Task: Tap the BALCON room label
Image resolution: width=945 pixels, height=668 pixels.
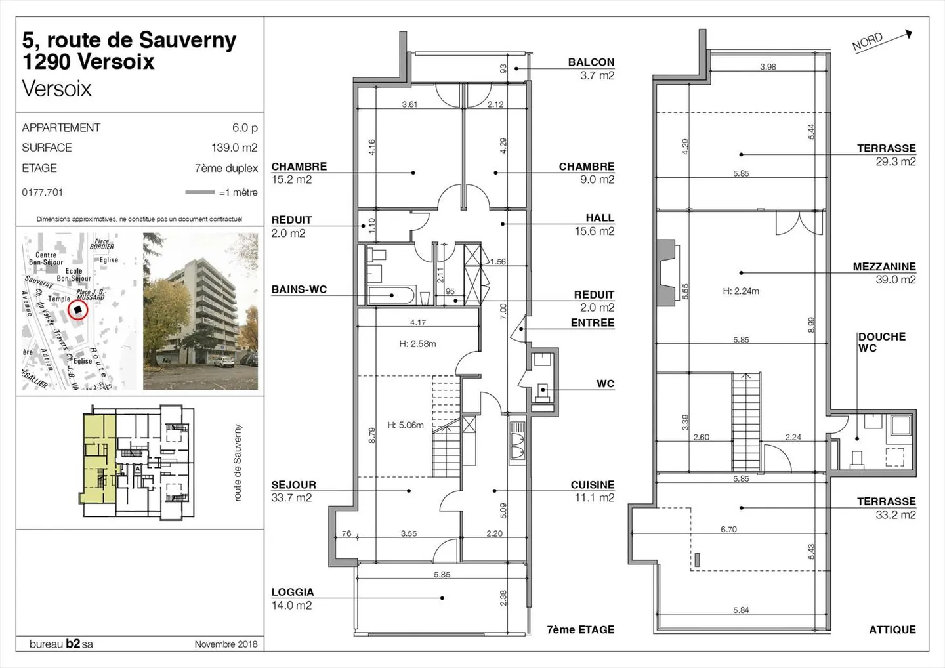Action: click(591, 62)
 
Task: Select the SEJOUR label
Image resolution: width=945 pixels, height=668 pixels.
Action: click(293, 485)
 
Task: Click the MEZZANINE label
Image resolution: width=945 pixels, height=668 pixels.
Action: click(883, 266)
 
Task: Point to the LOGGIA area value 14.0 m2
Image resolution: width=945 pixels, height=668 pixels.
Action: click(291, 605)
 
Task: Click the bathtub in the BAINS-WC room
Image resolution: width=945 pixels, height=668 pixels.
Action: click(391, 295)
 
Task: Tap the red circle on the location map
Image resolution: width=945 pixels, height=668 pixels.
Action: click(77, 310)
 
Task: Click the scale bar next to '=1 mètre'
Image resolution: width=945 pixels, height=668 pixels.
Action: click(199, 192)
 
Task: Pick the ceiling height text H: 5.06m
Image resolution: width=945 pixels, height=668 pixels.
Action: click(405, 425)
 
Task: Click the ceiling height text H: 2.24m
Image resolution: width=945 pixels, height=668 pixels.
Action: click(740, 291)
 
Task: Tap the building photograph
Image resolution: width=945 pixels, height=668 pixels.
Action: click(200, 311)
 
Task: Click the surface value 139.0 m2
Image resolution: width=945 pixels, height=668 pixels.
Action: click(234, 148)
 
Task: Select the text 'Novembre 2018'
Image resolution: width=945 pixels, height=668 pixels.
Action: click(226, 644)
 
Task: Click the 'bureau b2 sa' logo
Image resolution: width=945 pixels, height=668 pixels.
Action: click(61, 644)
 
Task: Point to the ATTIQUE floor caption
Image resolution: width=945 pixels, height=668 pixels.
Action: click(892, 629)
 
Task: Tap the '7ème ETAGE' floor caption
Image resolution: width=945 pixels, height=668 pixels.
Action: click(580, 629)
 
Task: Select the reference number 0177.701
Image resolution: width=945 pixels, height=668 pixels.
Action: click(43, 192)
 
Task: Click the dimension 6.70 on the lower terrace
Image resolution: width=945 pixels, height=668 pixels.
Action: click(728, 529)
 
